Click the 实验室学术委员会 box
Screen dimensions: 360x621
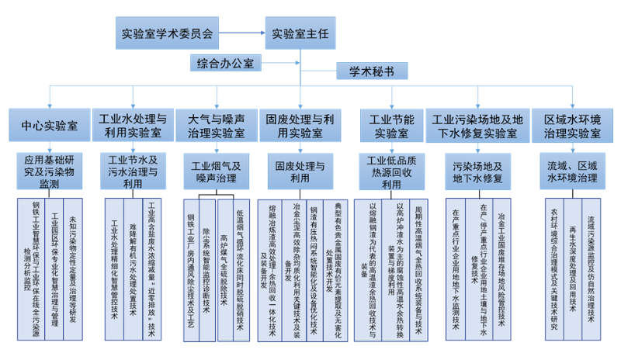(x=167, y=33)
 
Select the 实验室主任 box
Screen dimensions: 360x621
(x=300, y=33)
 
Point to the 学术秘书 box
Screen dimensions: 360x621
(x=371, y=71)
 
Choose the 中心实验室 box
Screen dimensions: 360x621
(x=48, y=125)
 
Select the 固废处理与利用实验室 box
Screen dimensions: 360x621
(x=300, y=125)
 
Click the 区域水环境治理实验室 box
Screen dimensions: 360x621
(x=572, y=125)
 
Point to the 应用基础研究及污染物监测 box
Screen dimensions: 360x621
(x=48, y=171)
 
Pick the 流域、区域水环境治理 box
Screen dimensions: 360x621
(x=572, y=171)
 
